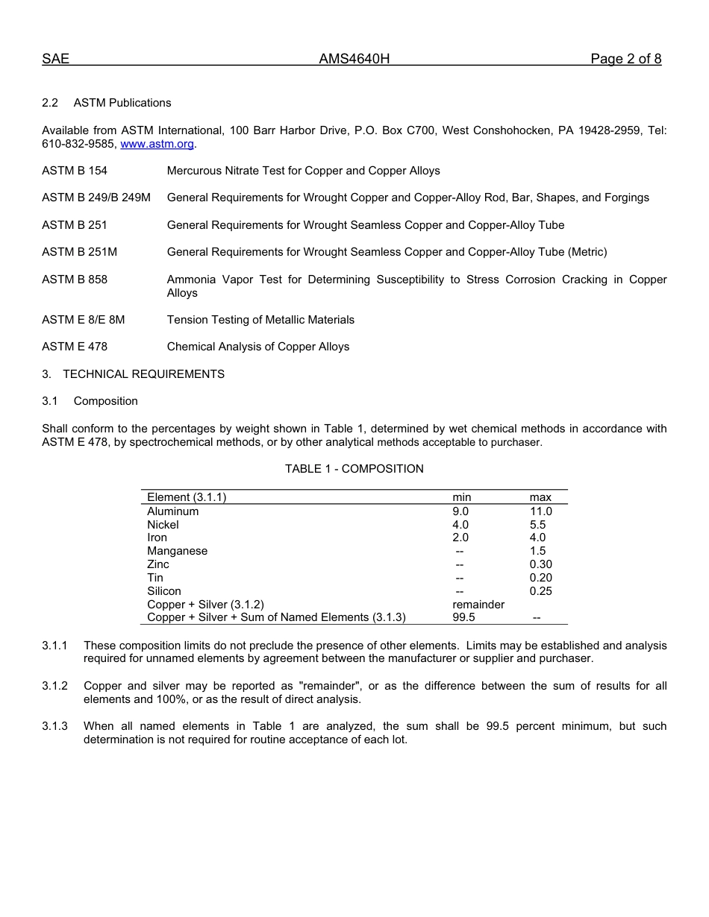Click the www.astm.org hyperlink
pyautogui.click(x=157, y=144)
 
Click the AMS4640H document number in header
pyautogui.click(x=354, y=59)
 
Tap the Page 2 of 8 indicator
pyautogui.click(x=625, y=59)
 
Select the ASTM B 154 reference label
pyautogui.click(x=75, y=171)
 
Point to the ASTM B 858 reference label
pyautogui.click(x=75, y=280)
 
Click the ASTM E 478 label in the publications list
pyautogui.click(x=75, y=347)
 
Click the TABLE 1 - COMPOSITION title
pyautogui.click(x=354, y=469)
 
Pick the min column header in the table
pyautogui.click(x=461, y=497)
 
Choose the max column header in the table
pyautogui.click(x=540, y=497)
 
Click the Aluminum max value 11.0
pyautogui.click(x=540, y=511)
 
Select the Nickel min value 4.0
pyautogui.click(x=460, y=525)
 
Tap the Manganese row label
pyautogui.click(x=178, y=551)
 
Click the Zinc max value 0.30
pyautogui.click(x=540, y=564)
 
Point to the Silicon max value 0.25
pyautogui.click(x=540, y=591)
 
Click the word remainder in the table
pyautogui.click(x=478, y=605)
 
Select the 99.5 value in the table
pyautogui.click(x=463, y=617)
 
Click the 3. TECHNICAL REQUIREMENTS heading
pyautogui.click(x=133, y=374)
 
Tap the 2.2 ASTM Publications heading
pyautogui.click(x=107, y=103)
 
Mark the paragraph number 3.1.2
pyautogui.click(x=54, y=686)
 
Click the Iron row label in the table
pyautogui.click(x=157, y=538)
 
